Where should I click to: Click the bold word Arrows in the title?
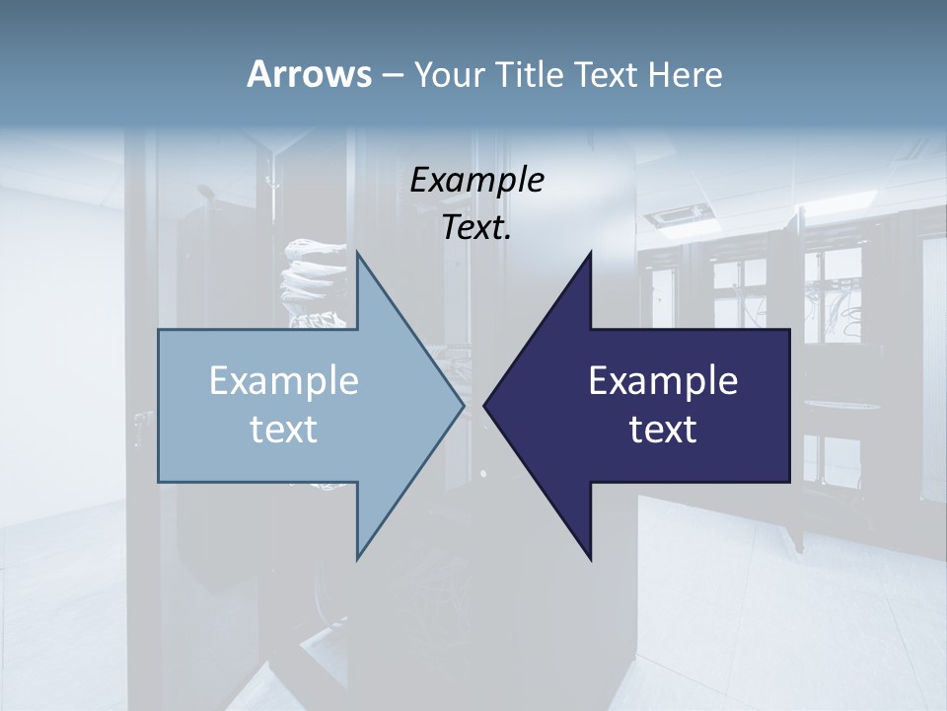click(x=309, y=74)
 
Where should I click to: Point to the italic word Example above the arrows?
click(x=477, y=181)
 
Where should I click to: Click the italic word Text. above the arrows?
click(x=477, y=228)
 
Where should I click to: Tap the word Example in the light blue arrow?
click(x=284, y=380)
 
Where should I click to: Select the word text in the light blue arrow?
click(x=284, y=430)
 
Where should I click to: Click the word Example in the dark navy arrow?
click(x=663, y=380)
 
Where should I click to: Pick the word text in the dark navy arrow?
click(x=663, y=430)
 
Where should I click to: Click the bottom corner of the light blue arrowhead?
click(x=357, y=557)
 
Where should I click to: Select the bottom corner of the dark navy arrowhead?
click(x=590, y=558)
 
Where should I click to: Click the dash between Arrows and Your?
click(x=392, y=75)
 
